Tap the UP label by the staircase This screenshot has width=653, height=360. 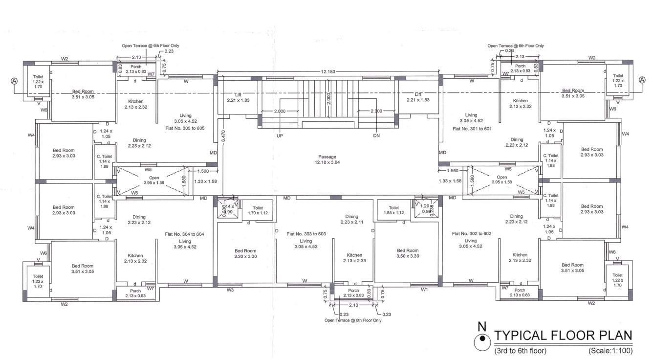(280, 136)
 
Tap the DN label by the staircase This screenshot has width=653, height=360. (376, 136)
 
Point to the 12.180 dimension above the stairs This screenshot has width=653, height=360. (328, 72)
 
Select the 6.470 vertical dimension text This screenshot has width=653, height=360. (223, 135)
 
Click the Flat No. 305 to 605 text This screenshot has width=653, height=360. (185, 128)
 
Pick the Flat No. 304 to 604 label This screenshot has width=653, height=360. (185, 234)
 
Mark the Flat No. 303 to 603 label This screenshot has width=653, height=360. (306, 234)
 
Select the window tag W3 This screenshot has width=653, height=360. (230, 290)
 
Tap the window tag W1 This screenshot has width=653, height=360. (424, 290)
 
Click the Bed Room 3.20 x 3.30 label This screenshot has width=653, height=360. (245, 253)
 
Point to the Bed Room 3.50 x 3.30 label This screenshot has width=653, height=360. (408, 253)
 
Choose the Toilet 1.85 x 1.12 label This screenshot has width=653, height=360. (394, 210)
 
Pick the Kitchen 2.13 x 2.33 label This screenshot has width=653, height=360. (354, 258)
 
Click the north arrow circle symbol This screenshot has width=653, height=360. (482, 338)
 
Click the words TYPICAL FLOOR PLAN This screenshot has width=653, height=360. (563, 336)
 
